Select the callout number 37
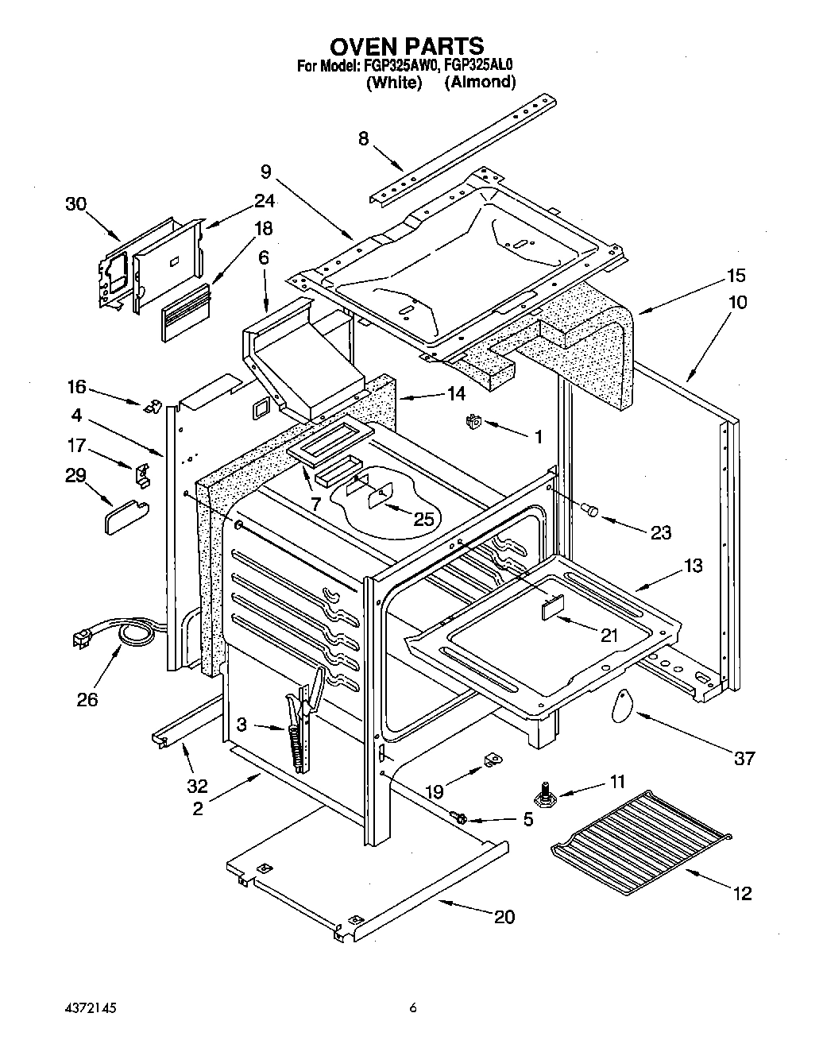(744, 758)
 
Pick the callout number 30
(75, 203)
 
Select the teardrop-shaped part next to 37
(623, 705)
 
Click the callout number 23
(661, 532)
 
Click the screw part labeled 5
(458, 815)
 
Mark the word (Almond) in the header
(480, 82)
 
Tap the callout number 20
(504, 917)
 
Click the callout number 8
(364, 138)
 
